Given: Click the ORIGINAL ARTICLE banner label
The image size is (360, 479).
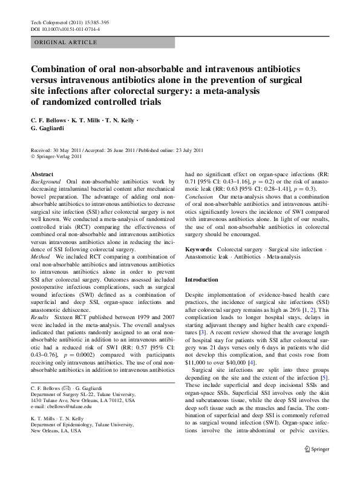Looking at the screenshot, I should pos(66,42).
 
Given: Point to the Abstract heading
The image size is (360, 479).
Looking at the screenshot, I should pos(41,174).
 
